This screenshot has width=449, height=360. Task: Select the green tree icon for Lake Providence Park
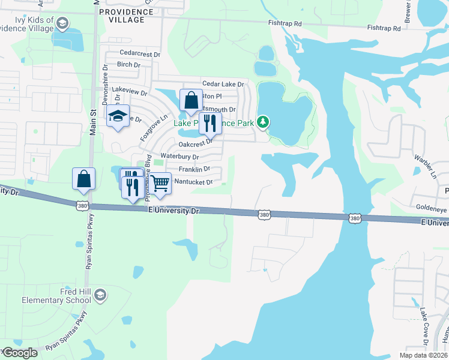coord(262,122)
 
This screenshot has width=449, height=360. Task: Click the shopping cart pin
coord(160,183)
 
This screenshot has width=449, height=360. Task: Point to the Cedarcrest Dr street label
coord(140,53)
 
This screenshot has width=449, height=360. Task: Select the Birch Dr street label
coord(128,65)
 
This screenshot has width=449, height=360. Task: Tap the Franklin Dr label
coord(193,169)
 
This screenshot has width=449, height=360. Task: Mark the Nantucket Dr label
coord(193,182)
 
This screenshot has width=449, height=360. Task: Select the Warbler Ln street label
coord(425,166)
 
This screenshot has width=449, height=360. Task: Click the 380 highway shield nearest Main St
coord(82,206)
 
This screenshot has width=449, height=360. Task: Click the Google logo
coord(20,353)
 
